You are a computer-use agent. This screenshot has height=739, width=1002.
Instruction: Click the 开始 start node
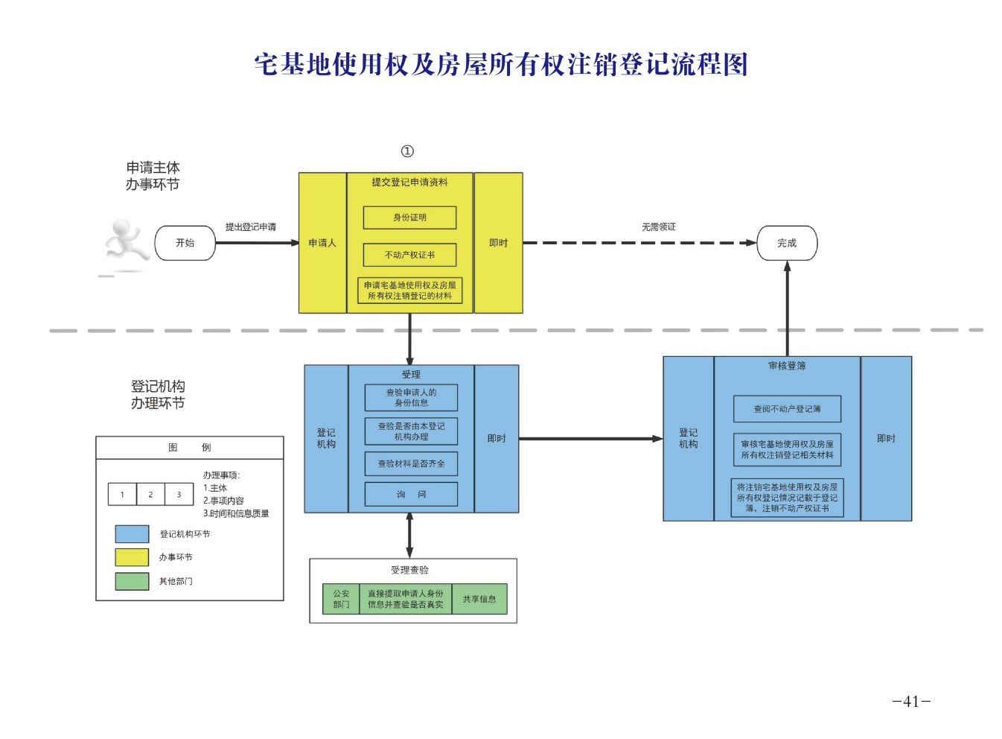pos(185,243)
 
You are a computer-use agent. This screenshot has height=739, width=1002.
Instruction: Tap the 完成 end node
pos(787,243)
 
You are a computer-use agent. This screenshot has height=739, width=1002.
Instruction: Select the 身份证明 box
pos(409,218)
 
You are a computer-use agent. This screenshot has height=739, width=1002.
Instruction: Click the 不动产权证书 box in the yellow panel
pos(409,255)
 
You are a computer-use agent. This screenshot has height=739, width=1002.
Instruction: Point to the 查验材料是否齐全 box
pos(411,463)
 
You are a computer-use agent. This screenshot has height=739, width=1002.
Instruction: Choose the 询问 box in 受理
pos(411,494)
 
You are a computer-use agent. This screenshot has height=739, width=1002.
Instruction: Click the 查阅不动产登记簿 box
pos(787,409)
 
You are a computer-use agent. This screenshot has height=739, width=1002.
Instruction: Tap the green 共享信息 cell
pos(479,599)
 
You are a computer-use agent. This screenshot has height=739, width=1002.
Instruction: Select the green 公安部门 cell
pos(341,599)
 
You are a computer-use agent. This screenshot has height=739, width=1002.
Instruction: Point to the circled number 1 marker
pos(407,151)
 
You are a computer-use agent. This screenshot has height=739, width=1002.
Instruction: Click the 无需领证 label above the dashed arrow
pos(659,226)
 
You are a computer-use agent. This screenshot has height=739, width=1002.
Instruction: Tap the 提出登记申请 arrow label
pos(251,226)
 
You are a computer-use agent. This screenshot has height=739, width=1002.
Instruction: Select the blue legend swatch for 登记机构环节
pos(132,534)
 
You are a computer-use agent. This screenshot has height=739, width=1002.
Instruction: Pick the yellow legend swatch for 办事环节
pos(132,557)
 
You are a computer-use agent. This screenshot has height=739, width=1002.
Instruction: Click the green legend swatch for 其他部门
pos(132,581)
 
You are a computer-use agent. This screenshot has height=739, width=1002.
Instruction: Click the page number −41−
pos(911,701)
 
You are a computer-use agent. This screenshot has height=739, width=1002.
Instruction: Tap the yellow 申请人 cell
pos(322,243)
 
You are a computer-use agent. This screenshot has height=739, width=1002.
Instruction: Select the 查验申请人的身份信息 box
pos(411,397)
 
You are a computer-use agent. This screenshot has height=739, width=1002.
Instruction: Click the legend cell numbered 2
pos(150,494)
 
